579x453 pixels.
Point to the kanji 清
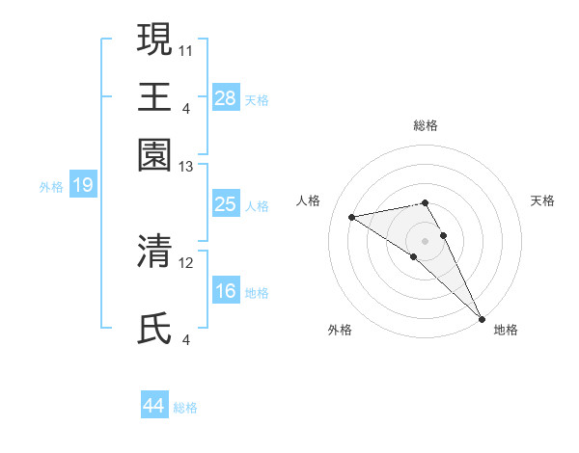(x=154, y=252)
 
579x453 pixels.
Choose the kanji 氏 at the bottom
(x=154, y=329)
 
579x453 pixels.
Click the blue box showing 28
(x=225, y=97)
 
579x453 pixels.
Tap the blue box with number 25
(x=225, y=203)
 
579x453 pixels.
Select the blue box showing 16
(x=225, y=291)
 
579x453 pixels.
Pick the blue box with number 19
(x=82, y=185)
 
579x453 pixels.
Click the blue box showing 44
(x=154, y=406)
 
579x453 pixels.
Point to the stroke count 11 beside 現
(x=186, y=49)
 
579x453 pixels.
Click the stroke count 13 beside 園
(x=186, y=168)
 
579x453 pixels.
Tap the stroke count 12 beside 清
(x=186, y=262)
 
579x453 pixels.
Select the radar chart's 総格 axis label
(x=426, y=125)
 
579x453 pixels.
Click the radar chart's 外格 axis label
(x=340, y=330)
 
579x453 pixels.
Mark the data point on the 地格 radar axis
(x=482, y=318)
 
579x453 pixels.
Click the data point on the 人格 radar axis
(x=352, y=217)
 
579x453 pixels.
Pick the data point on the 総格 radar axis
(x=426, y=202)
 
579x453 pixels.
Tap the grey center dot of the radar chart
(x=426, y=241)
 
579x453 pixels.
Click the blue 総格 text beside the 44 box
(x=185, y=407)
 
